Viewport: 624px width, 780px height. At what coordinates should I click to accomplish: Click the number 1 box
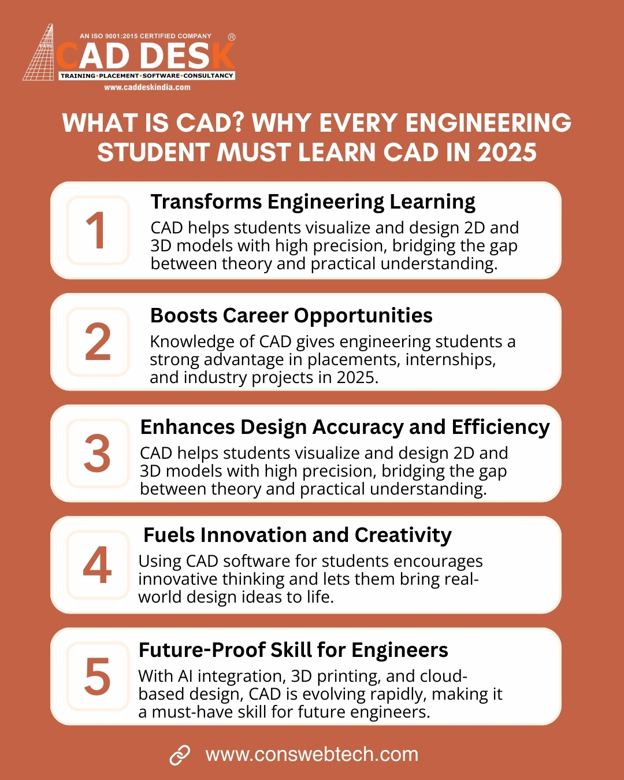click(x=98, y=230)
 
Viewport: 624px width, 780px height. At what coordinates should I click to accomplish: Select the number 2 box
click(x=98, y=342)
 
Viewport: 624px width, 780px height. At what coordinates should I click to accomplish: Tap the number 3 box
click(x=98, y=454)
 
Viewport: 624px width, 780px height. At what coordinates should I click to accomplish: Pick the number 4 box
click(x=98, y=564)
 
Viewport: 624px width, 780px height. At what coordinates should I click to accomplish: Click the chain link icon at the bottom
click(x=180, y=756)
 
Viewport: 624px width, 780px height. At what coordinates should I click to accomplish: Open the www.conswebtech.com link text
click(x=312, y=755)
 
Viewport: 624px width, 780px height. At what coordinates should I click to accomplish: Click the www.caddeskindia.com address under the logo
click(x=147, y=87)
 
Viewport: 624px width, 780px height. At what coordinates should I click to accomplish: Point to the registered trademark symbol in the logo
click(x=231, y=37)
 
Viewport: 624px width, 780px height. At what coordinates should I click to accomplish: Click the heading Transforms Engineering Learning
click(x=313, y=202)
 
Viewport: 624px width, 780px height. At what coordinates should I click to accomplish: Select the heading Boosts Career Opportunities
click(x=291, y=315)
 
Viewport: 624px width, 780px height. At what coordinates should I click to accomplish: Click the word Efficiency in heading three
click(x=501, y=428)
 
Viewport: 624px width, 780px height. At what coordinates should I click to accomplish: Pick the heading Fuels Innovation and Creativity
click(x=298, y=535)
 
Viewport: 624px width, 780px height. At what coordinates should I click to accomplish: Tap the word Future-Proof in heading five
click(x=202, y=649)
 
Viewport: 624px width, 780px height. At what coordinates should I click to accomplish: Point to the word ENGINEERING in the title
click(x=488, y=123)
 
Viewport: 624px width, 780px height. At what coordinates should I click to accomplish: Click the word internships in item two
click(x=451, y=359)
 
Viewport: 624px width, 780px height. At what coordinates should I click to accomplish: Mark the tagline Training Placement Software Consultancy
click(x=147, y=76)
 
